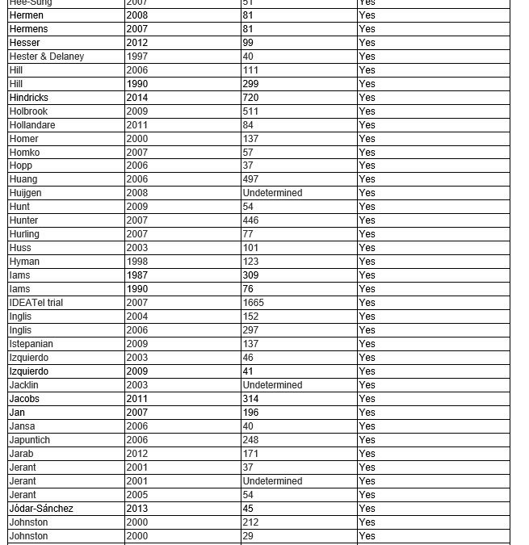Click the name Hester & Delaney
tap(46, 57)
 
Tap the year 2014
tap(136, 98)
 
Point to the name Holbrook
tap(28, 111)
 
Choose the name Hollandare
tap(31, 125)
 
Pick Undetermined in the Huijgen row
tap(272, 193)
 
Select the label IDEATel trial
tap(36, 303)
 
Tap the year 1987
tap(136, 275)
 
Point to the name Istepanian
tap(31, 344)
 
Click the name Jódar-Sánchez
tap(41, 509)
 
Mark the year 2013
tap(136, 509)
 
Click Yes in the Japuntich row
tap(367, 440)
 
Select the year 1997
tap(136, 57)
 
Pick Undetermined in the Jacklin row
tap(272, 385)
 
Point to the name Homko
tap(24, 153)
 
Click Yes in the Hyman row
tap(367, 262)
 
